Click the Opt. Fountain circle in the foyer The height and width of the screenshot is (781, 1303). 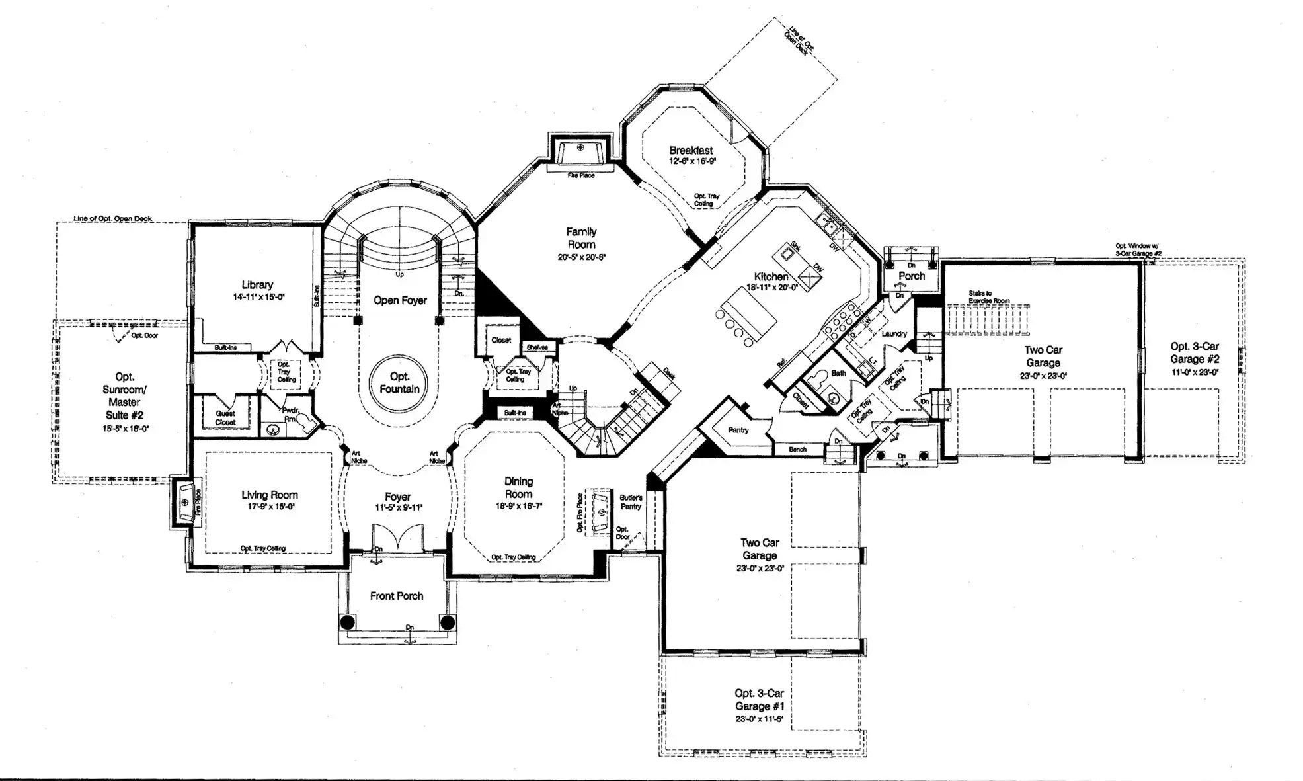pyautogui.click(x=399, y=383)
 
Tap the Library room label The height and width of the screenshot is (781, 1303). pyautogui.click(x=257, y=285)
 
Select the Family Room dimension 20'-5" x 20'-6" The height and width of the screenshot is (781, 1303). pyautogui.click(x=581, y=257)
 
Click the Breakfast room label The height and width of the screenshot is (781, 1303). pyautogui.click(x=691, y=151)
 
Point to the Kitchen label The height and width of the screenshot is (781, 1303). pyautogui.click(x=771, y=276)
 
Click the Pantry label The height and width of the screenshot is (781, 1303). pyautogui.click(x=738, y=430)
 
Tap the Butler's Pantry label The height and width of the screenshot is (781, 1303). pyautogui.click(x=631, y=502)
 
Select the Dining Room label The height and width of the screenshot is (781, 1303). pyautogui.click(x=518, y=487)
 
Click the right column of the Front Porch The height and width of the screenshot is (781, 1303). pyautogui.click(x=448, y=622)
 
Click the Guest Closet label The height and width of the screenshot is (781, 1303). pyautogui.click(x=225, y=418)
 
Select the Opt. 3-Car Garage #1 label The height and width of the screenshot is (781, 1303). pyautogui.click(x=759, y=700)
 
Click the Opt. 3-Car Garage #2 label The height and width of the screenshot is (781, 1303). pyautogui.click(x=1195, y=352)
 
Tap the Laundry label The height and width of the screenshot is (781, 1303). pyautogui.click(x=894, y=334)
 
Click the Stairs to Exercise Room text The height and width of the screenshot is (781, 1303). pyautogui.click(x=988, y=297)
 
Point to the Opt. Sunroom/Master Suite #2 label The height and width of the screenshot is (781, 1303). pyautogui.click(x=124, y=395)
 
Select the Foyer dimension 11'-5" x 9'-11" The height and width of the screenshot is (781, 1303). pyautogui.click(x=398, y=508)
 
